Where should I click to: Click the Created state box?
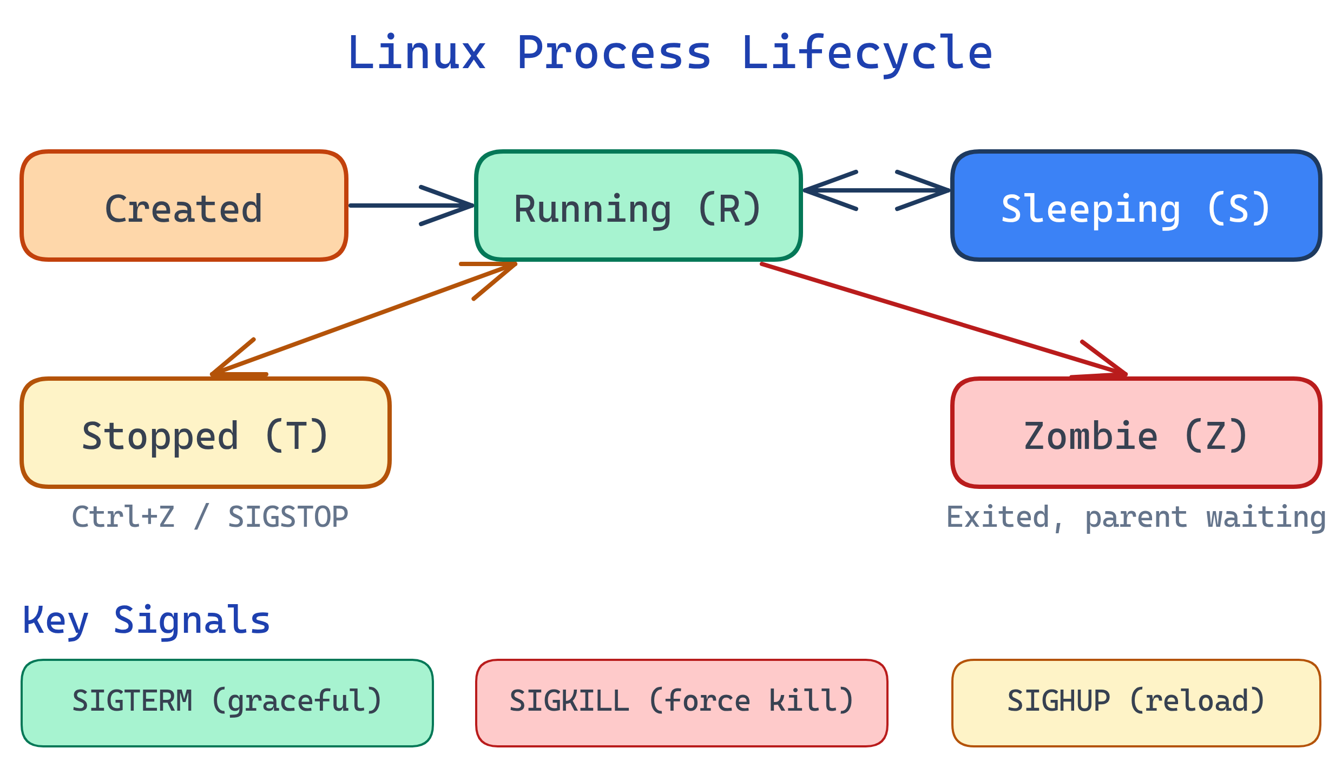pos(184,206)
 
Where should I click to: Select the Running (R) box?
pos(638,206)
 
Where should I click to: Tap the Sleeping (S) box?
pos(1136,206)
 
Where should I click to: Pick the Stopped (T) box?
pos(205,433)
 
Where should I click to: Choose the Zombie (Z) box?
pos(1136,433)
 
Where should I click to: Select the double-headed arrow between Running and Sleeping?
pos(877,190)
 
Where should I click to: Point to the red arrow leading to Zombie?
pos(942,319)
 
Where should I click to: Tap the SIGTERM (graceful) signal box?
pos(227,703)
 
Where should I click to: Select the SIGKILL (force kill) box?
pos(682,703)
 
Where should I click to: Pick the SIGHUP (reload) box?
pos(1136,703)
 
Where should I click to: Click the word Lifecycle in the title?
pos(867,53)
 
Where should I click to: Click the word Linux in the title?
pos(417,53)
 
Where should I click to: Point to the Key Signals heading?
pos(146,621)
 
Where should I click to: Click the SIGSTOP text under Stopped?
pos(288,517)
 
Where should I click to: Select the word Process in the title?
pos(614,53)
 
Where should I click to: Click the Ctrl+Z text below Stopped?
pos(123,517)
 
